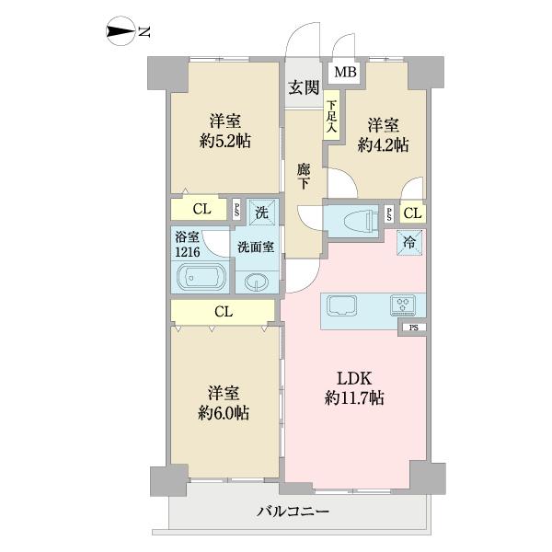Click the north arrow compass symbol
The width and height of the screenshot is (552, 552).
click(121, 31)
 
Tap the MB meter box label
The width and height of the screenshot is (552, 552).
click(345, 72)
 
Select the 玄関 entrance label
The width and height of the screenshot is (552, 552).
click(304, 87)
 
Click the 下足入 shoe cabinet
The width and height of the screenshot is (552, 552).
click(331, 116)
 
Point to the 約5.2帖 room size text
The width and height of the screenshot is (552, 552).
click(225, 142)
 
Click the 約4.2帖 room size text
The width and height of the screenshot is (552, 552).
click(383, 144)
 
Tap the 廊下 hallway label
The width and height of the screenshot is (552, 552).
click(304, 176)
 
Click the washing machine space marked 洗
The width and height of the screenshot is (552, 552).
click(262, 212)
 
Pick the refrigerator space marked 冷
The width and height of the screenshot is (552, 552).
click(409, 242)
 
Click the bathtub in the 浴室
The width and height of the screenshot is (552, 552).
click(200, 277)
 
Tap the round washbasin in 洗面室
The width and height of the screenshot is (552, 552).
click(257, 282)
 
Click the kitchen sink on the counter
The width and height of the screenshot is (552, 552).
click(342, 305)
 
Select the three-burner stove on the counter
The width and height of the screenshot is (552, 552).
click(403, 305)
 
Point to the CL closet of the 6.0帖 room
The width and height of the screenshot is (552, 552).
click(223, 312)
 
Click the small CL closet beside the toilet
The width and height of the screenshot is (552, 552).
click(413, 213)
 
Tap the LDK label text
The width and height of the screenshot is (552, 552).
click(354, 379)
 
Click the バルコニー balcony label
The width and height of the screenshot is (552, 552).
click(293, 512)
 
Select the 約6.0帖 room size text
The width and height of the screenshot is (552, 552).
click(224, 413)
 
